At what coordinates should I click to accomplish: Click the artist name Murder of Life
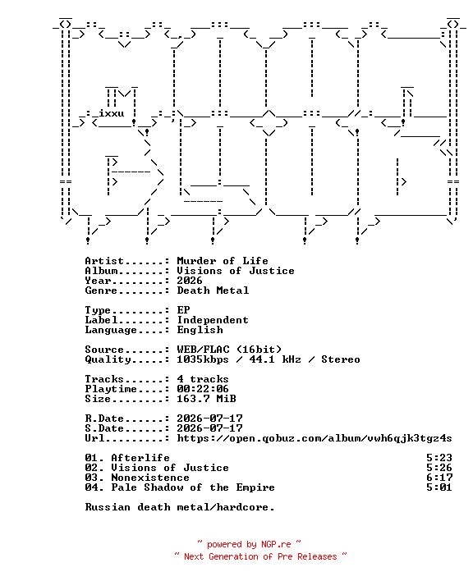pos(223,261)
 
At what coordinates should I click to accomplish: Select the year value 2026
pos(190,281)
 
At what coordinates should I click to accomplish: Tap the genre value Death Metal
pos(213,290)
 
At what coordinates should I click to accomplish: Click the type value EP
pos(183,310)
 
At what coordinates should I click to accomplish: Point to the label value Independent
pos(213,320)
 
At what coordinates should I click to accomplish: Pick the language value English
pos(200,330)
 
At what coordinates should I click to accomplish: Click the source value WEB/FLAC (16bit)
pos(229,350)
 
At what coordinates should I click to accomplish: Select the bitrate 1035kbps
pos(203,359)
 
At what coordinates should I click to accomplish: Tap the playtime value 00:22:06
pos(203,389)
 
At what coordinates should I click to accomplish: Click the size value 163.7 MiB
pos(206,399)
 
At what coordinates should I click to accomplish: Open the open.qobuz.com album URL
pos(315,438)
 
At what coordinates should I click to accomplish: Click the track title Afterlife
pos(140,458)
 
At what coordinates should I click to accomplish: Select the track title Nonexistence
pos(150,478)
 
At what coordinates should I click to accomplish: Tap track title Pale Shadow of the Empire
pos(193,487)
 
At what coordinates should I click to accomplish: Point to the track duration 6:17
pos(439,478)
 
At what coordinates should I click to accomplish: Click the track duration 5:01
pos(439,487)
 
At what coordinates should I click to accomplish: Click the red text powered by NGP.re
pos(249,544)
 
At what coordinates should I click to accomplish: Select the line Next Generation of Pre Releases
pos(260,556)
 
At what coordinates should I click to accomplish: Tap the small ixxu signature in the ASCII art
pos(111,113)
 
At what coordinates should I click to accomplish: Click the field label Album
pos(101,271)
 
